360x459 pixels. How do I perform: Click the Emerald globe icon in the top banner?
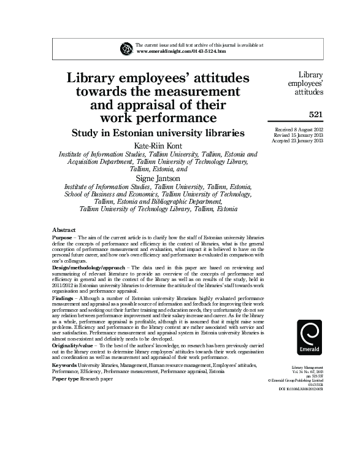pos(127,48)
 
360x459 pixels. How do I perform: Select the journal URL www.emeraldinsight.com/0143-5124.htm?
pos(180,52)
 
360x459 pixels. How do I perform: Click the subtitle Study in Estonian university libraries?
pos(158,133)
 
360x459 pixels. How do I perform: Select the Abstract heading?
pos(64,228)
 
